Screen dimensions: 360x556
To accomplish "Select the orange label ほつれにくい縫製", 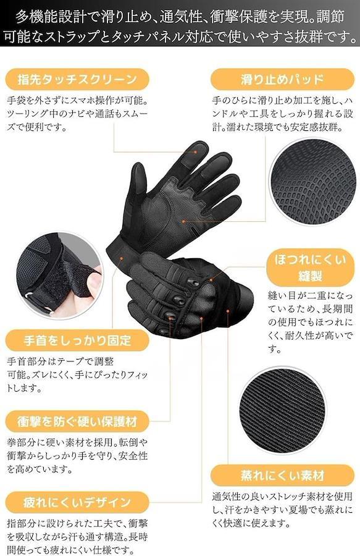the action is pos(310,267).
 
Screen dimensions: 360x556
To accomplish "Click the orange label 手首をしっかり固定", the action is pos(77,340).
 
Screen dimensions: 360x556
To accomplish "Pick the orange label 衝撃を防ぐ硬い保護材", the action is pos(77,421).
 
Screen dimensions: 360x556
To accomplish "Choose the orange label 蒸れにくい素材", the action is pos(282,475).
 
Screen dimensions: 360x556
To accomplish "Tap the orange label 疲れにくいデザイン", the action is pos(77,502).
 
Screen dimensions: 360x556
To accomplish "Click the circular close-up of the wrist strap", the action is pos(59,276).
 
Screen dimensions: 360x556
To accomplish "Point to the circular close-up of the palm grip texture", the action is pos(312,182).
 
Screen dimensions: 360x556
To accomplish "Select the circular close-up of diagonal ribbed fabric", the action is pos(282,411).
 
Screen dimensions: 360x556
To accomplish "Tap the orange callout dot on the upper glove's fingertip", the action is pos(195,152).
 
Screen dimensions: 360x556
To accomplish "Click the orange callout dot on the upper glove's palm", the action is pos(183,221).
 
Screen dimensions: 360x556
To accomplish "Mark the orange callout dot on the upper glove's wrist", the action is pos(122,258).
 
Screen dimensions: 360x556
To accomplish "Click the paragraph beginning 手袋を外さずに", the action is pos(77,114).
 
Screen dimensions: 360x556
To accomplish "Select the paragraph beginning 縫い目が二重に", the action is pos(311,322).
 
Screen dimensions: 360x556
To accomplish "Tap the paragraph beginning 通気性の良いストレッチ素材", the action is pos(282,510).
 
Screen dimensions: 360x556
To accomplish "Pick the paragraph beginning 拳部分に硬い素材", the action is pos(77,456).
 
